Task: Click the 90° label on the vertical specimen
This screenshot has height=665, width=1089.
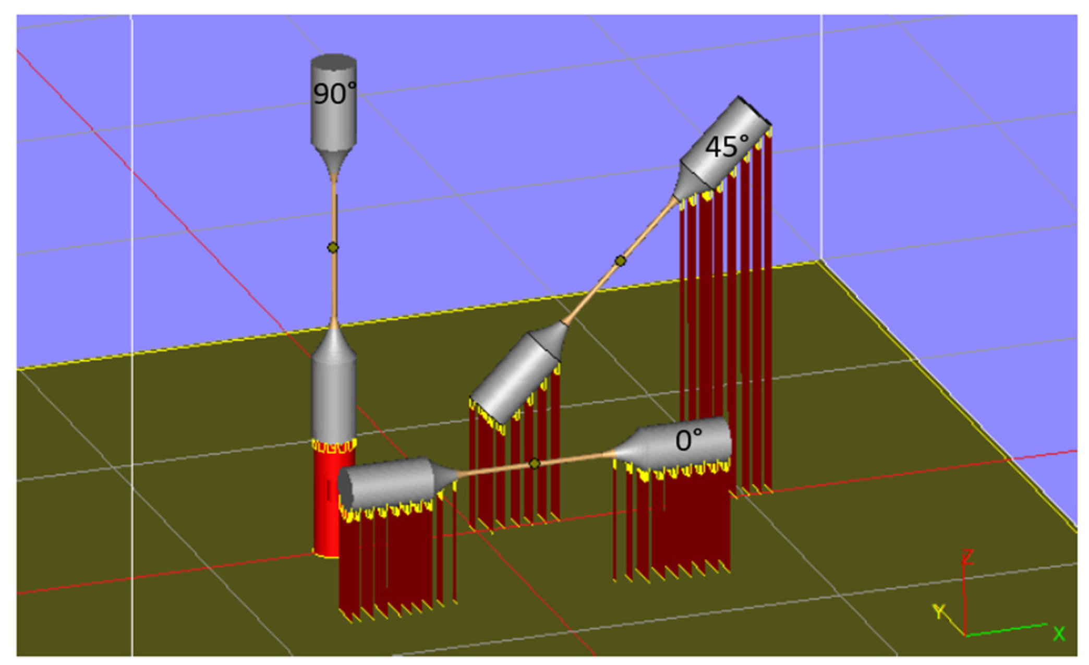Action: [334, 94]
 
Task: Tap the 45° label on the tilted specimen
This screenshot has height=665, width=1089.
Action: [727, 146]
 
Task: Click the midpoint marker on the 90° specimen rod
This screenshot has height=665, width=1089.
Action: [333, 247]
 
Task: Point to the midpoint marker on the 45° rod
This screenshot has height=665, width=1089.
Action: [620, 260]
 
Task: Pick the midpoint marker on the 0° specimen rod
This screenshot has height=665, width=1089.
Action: [534, 463]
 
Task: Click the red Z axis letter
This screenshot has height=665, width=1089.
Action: [968, 557]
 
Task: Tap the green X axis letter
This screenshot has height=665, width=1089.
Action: [1059, 634]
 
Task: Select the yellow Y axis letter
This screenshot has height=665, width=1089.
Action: [939, 611]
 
